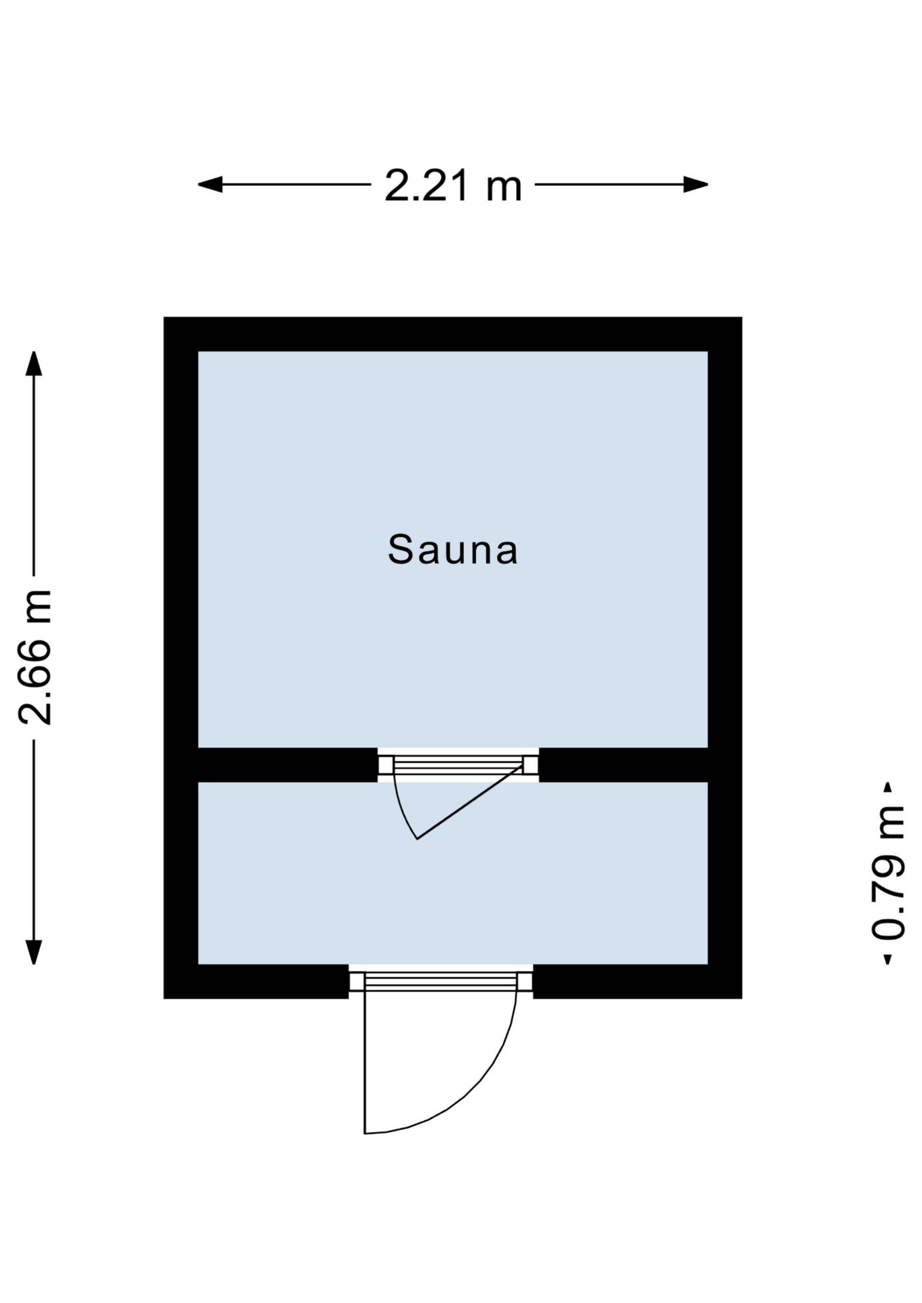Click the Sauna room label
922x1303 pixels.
point(453,550)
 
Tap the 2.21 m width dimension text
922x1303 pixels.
point(453,185)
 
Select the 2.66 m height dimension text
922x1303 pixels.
point(35,657)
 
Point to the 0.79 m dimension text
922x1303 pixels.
point(888,872)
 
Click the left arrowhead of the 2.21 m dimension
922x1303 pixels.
point(210,184)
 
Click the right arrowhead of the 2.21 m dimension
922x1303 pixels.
point(696,184)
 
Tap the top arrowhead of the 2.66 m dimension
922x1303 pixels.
point(34,363)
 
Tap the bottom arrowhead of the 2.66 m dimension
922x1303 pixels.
point(34,952)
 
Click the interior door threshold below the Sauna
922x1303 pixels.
point(458,765)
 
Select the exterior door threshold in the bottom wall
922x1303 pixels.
point(441,981)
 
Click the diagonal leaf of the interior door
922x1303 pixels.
point(470,801)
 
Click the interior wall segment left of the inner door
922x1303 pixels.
point(288,765)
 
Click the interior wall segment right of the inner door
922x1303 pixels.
point(623,765)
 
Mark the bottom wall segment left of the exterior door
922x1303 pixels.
point(257,981)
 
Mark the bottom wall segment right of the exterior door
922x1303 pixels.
point(638,981)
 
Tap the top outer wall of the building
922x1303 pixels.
point(453,334)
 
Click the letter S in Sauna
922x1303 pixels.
point(401,550)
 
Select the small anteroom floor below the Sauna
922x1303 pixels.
point(453,882)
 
